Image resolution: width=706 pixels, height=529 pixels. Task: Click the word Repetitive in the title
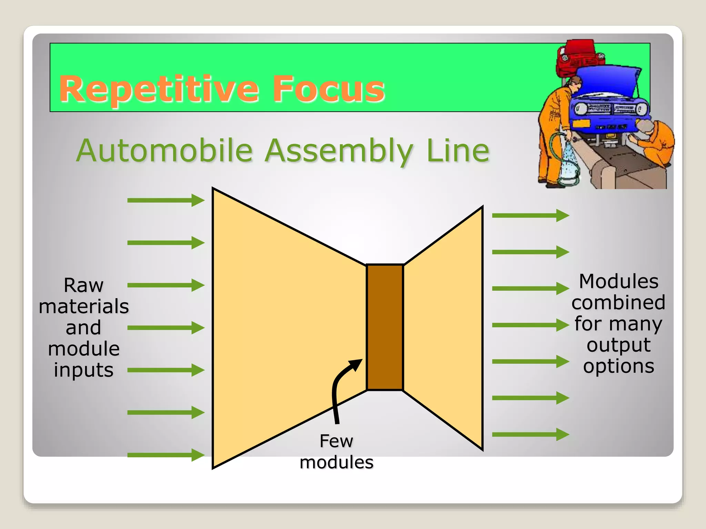coord(159,90)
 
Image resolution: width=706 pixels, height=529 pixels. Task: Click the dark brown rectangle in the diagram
coord(385,327)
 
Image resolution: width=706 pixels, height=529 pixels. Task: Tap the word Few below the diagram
coord(336,441)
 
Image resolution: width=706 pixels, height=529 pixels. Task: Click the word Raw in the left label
coord(84,285)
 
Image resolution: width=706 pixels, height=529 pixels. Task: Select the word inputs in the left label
coord(84,371)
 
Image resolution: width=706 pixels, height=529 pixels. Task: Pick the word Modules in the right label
coord(618,281)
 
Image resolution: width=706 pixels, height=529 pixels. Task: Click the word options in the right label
coord(618,366)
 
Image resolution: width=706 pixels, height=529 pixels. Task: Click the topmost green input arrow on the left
coord(165,200)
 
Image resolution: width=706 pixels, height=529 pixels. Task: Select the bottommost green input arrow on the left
coord(165,455)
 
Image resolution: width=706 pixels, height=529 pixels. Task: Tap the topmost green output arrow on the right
coord(530,216)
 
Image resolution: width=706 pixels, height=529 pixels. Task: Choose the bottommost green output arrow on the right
coord(530,434)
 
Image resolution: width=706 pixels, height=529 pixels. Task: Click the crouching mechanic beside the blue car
coord(653,141)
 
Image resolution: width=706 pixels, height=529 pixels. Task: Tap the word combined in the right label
coord(618,303)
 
